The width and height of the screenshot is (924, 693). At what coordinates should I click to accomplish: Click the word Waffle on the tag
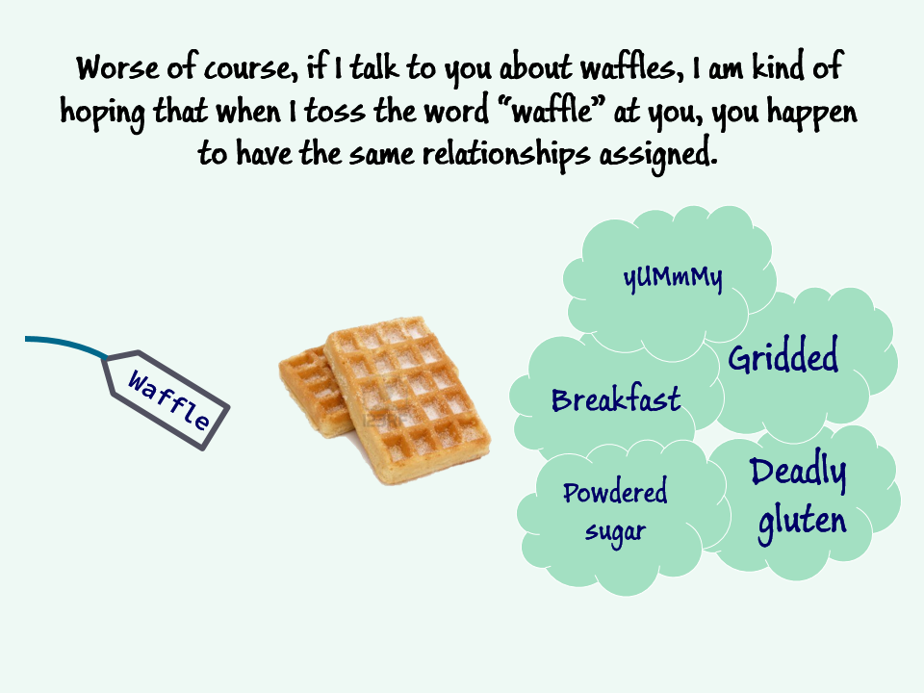click(168, 400)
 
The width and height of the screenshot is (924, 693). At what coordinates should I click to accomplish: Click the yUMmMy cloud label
click(673, 278)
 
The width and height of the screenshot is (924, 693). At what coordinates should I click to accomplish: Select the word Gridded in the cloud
click(783, 355)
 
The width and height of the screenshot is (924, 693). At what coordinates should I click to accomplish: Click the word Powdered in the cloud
click(615, 492)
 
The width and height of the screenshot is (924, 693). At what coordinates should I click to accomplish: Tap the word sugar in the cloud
click(615, 532)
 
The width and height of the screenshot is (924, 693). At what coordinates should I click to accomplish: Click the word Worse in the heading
click(117, 67)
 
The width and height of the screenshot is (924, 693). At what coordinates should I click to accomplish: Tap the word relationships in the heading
click(505, 155)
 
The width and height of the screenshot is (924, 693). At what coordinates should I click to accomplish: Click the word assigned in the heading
click(658, 155)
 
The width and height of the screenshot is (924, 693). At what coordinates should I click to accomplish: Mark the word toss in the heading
click(334, 111)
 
